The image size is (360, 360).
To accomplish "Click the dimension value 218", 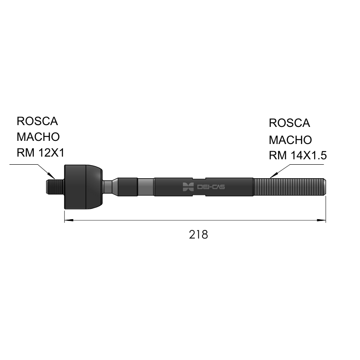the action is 198,234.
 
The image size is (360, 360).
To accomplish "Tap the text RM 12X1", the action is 40,153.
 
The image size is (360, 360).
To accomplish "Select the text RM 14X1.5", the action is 297,155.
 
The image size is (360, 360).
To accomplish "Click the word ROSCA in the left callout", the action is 37,121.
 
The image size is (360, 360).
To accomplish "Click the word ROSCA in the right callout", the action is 289,123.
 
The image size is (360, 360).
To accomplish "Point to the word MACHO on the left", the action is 38,137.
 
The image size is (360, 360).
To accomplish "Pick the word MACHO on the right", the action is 290,140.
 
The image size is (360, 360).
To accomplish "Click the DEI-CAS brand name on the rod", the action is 211,187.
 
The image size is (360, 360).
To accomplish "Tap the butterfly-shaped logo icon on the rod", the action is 188,187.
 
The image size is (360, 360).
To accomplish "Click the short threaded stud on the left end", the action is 55,187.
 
